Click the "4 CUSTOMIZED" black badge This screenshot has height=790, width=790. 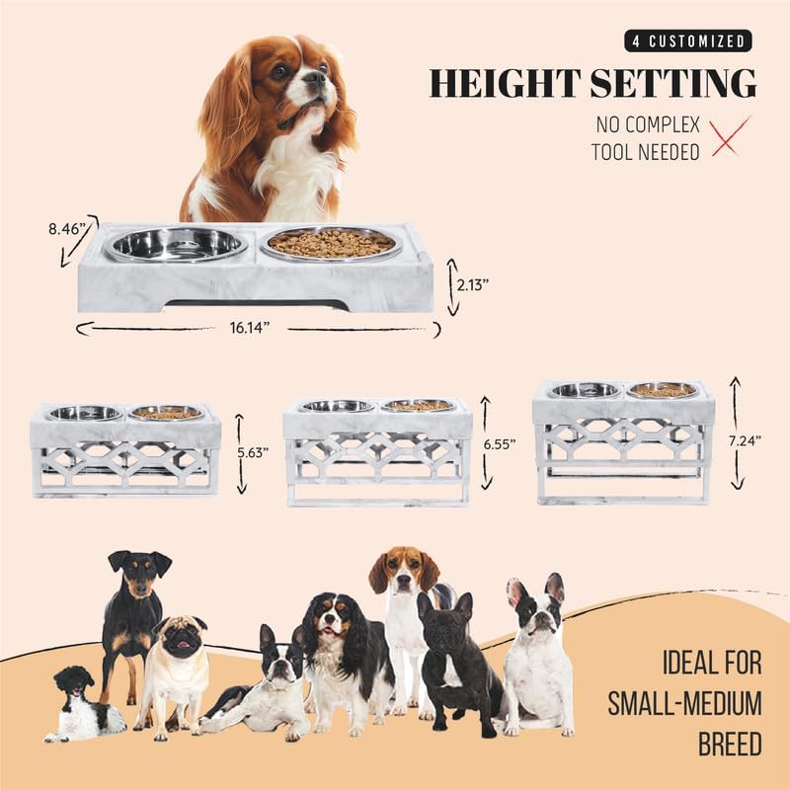(687, 40)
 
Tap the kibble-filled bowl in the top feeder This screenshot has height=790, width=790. (330, 243)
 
